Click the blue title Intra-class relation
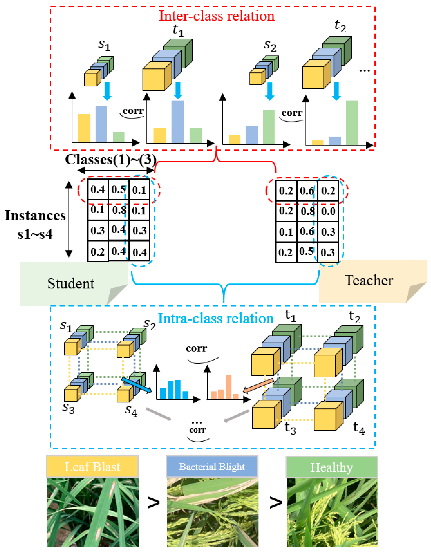(x=216, y=318)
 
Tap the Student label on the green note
(x=71, y=283)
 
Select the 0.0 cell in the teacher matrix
(x=328, y=211)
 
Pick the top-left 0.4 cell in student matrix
(x=98, y=190)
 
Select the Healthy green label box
(x=331, y=467)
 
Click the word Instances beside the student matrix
(x=35, y=216)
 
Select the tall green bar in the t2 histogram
(x=352, y=123)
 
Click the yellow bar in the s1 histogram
(x=84, y=128)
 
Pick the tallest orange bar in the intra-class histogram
(x=228, y=387)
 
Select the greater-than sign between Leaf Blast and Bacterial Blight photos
(x=153, y=503)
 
